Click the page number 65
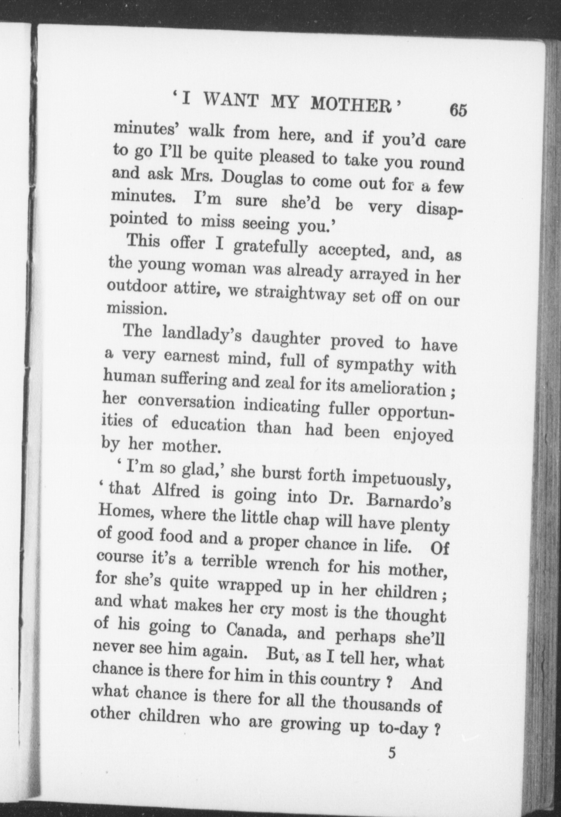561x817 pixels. coord(458,110)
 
